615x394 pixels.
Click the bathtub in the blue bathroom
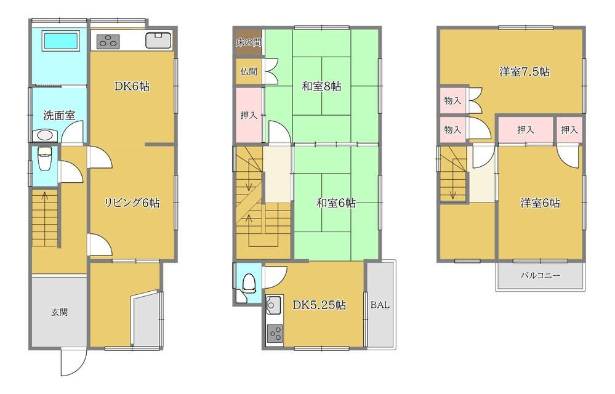click(x=60, y=41)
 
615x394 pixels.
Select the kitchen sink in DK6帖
click(x=158, y=40)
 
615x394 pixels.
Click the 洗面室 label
click(x=59, y=115)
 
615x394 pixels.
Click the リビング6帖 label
click(x=132, y=203)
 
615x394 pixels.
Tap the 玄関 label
click(x=59, y=312)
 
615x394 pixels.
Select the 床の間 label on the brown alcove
click(x=249, y=42)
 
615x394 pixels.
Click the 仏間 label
click(x=249, y=71)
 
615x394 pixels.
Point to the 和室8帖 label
click(x=321, y=86)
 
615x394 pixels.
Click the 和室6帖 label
click(x=336, y=203)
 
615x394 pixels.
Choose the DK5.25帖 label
click(x=320, y=305)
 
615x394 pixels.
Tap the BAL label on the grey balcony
click(x=380, y=305)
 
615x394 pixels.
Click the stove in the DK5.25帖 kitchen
click(x=275, y=334)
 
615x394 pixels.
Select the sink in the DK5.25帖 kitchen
click(x=273, y=305)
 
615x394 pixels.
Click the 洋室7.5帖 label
click(x=525, y=72)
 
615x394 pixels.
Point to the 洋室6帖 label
click(x=540, y=203)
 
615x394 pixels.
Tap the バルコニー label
click(x=540, y=275)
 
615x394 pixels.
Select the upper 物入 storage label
click(x=452, y=100)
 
